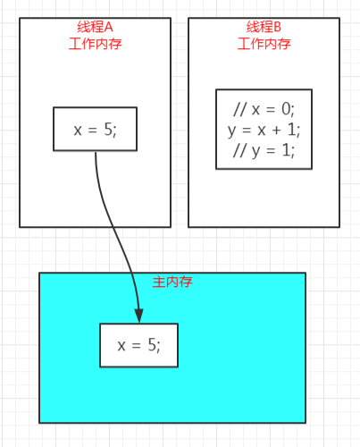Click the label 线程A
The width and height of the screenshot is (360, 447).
95,27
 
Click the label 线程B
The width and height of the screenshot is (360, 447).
264,27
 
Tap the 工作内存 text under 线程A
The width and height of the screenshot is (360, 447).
96,44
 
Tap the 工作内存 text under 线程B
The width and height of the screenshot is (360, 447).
264,44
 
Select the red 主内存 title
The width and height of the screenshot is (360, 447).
172,282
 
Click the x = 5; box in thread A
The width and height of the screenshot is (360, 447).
96,129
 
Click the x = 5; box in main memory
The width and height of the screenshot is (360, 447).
139,345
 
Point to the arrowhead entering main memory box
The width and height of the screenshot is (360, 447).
139,316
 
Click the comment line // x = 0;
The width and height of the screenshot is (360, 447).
264,109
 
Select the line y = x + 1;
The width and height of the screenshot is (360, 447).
264,130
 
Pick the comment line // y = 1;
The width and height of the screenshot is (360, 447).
264,150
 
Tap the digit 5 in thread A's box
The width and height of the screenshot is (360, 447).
108,130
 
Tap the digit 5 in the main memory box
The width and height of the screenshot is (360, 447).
152,345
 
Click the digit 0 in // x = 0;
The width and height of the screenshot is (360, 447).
286,109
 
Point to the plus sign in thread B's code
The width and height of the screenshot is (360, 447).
276,131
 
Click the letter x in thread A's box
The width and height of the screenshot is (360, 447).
78,131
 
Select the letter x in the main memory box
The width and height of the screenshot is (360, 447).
121,347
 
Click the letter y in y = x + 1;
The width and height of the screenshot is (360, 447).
231,132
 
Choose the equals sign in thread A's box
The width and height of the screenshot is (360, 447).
93,131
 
